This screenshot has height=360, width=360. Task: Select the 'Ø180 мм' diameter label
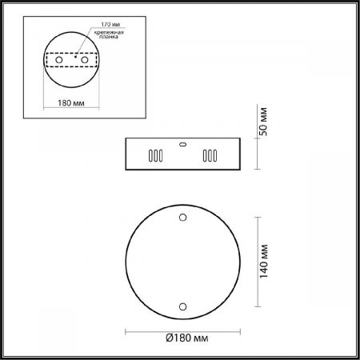coord(186,338)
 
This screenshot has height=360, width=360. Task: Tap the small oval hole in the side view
coord(182,146)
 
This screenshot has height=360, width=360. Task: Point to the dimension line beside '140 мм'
coord(256,262)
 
